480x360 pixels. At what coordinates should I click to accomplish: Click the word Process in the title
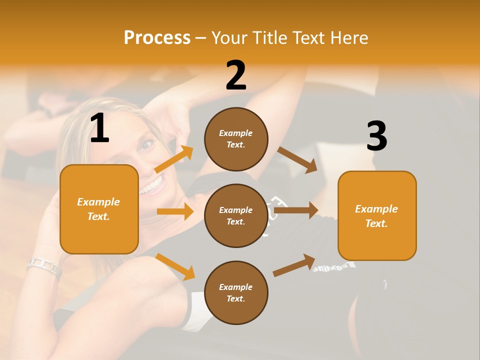click(x=157, y=37)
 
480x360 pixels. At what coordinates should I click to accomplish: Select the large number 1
click(x=99, y=128)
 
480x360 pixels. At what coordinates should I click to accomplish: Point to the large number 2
click(x=236, y=75)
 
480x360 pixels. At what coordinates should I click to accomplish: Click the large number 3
click(x=376, y=136)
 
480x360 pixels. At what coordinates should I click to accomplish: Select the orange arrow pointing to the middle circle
click(x=175, y=211)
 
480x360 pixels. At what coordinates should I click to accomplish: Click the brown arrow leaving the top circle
click(x=297, y=160)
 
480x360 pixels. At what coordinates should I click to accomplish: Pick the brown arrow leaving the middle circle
click(x=296, y=210)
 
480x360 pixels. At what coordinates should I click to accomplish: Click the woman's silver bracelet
click(x=44, y=266)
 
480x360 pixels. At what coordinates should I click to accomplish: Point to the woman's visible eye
click(x=146, y=146)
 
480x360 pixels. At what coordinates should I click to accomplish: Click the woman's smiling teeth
click(x=152, y=187)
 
